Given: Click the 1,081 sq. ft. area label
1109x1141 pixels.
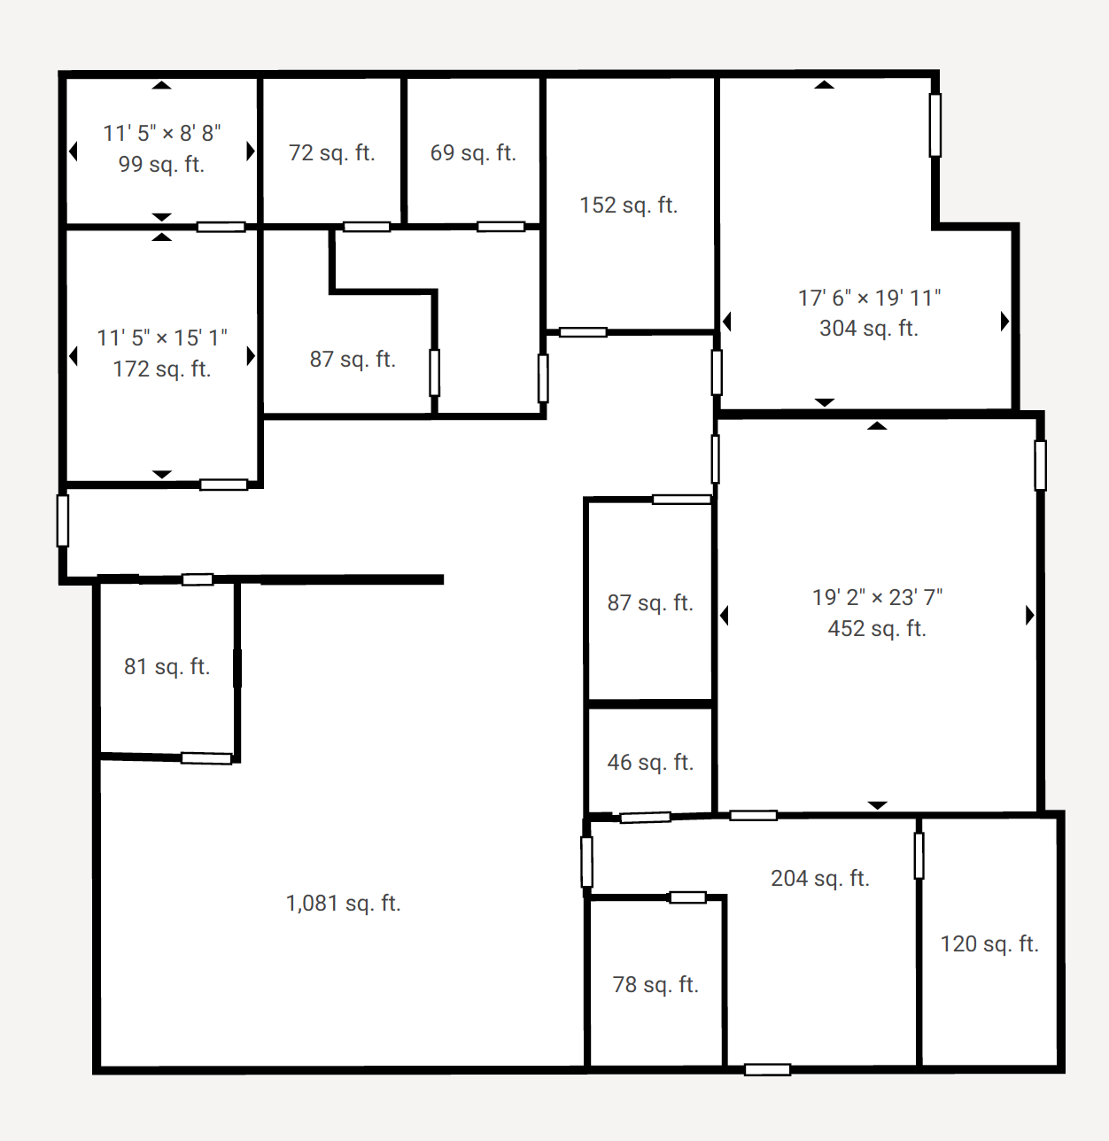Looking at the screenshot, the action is [343, 903].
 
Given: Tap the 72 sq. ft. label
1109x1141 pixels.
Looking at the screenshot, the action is [331, 152].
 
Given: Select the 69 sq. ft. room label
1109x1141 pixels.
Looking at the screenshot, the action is [473, 152].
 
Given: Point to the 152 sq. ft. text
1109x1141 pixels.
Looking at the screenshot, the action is [628, 206].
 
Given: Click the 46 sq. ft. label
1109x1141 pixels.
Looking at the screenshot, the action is [650, 762].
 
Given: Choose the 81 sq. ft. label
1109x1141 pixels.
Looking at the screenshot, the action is [167, 667].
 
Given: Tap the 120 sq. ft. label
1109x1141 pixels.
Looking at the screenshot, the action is [989, 944].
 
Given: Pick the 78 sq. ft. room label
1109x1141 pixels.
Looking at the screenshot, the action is [655, 984].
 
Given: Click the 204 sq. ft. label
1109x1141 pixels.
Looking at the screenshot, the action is [819, 878].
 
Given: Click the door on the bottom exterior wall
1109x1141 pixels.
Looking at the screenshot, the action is [767, 1070].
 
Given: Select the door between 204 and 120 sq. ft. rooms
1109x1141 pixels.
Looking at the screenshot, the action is [919, 856].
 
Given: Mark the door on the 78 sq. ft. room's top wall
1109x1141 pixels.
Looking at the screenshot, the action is [688, 897].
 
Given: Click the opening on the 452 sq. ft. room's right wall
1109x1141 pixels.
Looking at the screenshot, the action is [1041, 466].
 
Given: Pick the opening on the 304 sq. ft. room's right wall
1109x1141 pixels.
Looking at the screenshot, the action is [935, 125].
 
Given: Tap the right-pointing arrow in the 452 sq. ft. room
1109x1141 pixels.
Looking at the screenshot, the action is [1030, 615].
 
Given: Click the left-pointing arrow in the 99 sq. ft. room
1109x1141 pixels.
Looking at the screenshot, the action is [74, 151].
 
